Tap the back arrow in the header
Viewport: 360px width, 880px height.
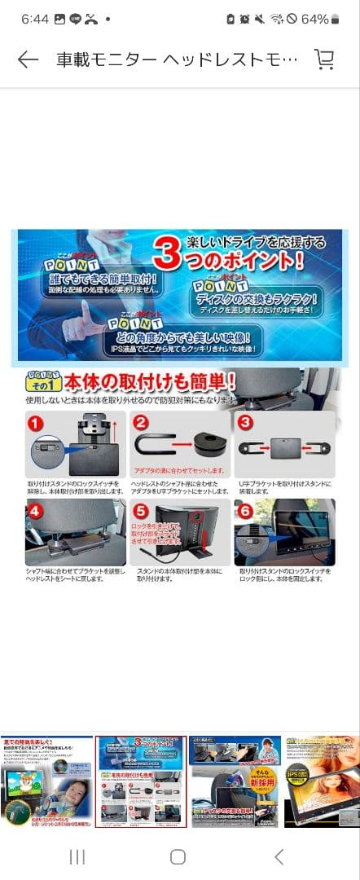tap(28, 60)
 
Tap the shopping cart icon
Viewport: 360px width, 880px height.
tap(324, 60)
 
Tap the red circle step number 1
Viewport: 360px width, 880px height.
tap(36, 424)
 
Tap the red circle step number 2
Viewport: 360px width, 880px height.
tap(140, 424)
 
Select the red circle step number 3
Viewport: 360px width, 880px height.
tap(244, 424)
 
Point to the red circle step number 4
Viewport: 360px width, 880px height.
tap(36, 512)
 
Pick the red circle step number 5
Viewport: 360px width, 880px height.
tap(140, 512)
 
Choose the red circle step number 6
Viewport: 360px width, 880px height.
tap(244, 512)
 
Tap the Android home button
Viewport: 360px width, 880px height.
tap(178, 856)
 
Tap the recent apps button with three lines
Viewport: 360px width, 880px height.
tap(77, 856)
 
